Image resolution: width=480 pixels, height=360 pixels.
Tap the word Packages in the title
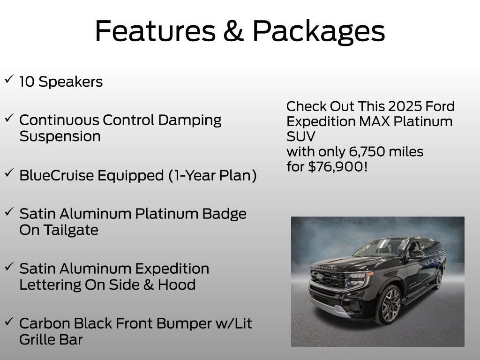coord(318,31)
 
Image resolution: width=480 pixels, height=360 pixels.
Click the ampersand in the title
coord(233,31)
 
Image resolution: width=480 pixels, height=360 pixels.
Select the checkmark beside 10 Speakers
coord(9,80)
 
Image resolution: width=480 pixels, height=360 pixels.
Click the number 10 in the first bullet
coord(27,82)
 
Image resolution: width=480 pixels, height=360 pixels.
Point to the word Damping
coord(190,120)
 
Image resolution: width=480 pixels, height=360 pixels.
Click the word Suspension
coord(60,136)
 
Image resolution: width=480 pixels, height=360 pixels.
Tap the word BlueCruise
coord(57,176)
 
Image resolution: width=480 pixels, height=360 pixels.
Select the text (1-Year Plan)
coord(212,176)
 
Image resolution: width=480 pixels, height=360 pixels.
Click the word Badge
coord(225,214)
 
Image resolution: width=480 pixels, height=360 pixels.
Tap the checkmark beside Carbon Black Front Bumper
coord(9,322)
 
